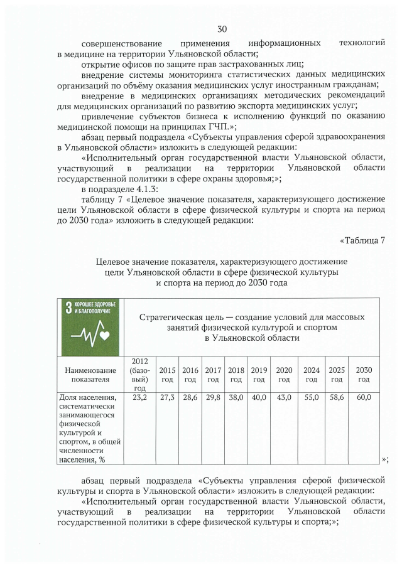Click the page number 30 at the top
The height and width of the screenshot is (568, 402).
(221, 29)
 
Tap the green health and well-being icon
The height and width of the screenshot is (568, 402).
(90, 326)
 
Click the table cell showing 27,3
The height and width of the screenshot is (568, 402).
(167, 397)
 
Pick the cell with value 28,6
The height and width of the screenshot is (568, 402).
(190, 397)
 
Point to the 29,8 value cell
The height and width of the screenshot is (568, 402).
(213, 397)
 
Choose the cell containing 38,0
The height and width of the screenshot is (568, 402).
(236, 397)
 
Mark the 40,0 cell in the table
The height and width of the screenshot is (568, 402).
(259, 397)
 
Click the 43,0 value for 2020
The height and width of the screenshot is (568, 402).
(284, 397)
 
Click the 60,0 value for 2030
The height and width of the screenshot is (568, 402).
(364, 397)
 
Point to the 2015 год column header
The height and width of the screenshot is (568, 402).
(167, 375)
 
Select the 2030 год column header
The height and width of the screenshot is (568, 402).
(364, 375)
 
